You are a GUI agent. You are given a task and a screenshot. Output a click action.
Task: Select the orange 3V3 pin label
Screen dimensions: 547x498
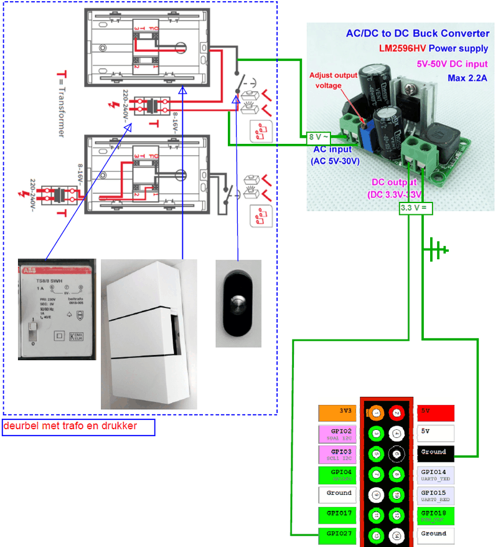(x=336, y=412)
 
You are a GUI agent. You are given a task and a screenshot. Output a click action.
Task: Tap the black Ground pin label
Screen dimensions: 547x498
(x=435, y=452)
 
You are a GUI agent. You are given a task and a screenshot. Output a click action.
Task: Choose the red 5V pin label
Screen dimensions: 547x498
(x=435, y=412)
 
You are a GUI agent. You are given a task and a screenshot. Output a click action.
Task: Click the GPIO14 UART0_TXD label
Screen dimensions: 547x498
(x=435, y=475)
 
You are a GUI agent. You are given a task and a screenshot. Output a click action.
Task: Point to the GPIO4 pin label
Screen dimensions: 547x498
(x=336, y=475)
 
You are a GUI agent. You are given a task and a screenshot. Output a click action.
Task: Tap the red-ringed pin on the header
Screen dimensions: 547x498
(x=396, y=412)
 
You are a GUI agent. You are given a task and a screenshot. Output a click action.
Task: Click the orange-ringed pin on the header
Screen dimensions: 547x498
(x=376, y=412)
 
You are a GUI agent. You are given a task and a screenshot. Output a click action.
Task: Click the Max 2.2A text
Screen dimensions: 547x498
(x=467, y=78)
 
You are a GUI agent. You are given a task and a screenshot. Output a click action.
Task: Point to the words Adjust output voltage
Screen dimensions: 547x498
(x=334, y=80)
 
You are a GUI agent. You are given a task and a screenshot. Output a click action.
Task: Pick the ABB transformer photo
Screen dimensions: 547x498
(x=57, y=308)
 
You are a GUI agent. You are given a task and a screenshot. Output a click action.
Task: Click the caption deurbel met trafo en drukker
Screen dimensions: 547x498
(x=78, y=427)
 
